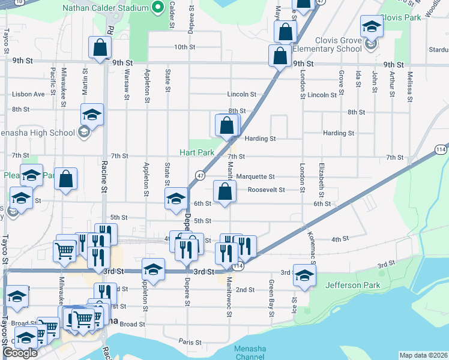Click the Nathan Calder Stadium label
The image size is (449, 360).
[105, 8]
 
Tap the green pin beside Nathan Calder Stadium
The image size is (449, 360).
[158, 7]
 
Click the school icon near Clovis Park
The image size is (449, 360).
[372, 28]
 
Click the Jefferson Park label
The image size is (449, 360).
[354, 285]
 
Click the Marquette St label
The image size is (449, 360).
[255, 176]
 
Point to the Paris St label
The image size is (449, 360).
[190, 341]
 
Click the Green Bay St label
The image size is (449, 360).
[272, 292]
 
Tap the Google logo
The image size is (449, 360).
[19, 353]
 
